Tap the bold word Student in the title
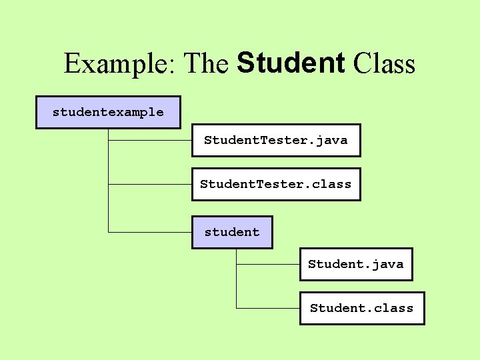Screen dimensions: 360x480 tap(291, 63)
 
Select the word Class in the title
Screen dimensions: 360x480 tap(385, 64)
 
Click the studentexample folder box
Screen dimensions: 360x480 tap(108, 112)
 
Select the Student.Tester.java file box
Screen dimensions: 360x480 tap(276, 140)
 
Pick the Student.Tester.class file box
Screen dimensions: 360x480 tap(276, 184)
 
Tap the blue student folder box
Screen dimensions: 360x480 tap(232, 232)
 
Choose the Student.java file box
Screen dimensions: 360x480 tap(355, 264)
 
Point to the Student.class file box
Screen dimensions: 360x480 tap(361, 308)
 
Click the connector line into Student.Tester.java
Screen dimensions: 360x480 tap(150, 141)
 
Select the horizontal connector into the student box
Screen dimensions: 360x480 tap(150, 233)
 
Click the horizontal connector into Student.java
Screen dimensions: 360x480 tap(268, 265)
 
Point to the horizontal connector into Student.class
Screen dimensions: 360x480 tap(268, 308)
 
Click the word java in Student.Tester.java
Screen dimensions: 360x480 tap(331, 141)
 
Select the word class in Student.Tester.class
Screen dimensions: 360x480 tap(332, 184)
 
